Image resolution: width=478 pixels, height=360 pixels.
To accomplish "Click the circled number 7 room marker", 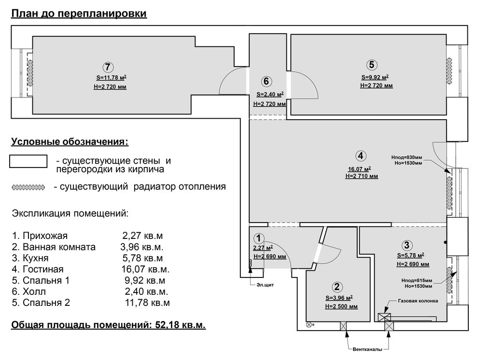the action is [108, 67].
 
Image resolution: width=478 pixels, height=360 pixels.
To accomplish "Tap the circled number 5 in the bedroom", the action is [371, 65].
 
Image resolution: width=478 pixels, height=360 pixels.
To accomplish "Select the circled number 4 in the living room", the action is [361, 156].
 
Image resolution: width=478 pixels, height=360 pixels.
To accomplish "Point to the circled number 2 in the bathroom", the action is [337, 287].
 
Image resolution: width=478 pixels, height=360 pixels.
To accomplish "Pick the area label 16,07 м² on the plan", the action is [359, 169].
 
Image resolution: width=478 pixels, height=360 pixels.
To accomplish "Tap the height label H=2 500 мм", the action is [341, 307].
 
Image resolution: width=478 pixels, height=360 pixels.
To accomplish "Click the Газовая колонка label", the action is [418, 301].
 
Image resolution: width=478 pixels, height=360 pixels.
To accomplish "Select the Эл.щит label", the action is [265, 285].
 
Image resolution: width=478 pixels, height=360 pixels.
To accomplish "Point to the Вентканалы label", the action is [367, 349].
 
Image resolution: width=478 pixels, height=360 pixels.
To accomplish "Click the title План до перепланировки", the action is [79, 14].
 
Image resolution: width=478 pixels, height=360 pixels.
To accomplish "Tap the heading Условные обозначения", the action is [70, 142].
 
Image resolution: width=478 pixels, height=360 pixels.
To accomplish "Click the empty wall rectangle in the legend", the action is [28, 161].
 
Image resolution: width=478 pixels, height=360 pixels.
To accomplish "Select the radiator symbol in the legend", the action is [28, 187].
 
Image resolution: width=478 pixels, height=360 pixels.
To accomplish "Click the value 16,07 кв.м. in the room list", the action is [145, 269].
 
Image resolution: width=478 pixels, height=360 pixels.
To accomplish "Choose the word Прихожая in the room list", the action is [45, 235].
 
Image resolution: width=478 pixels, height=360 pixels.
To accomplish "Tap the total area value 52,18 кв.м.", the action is [180, 325].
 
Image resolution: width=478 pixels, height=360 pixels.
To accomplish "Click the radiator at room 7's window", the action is [30, 73].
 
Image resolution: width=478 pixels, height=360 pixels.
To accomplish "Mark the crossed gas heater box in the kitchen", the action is [384, 318].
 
